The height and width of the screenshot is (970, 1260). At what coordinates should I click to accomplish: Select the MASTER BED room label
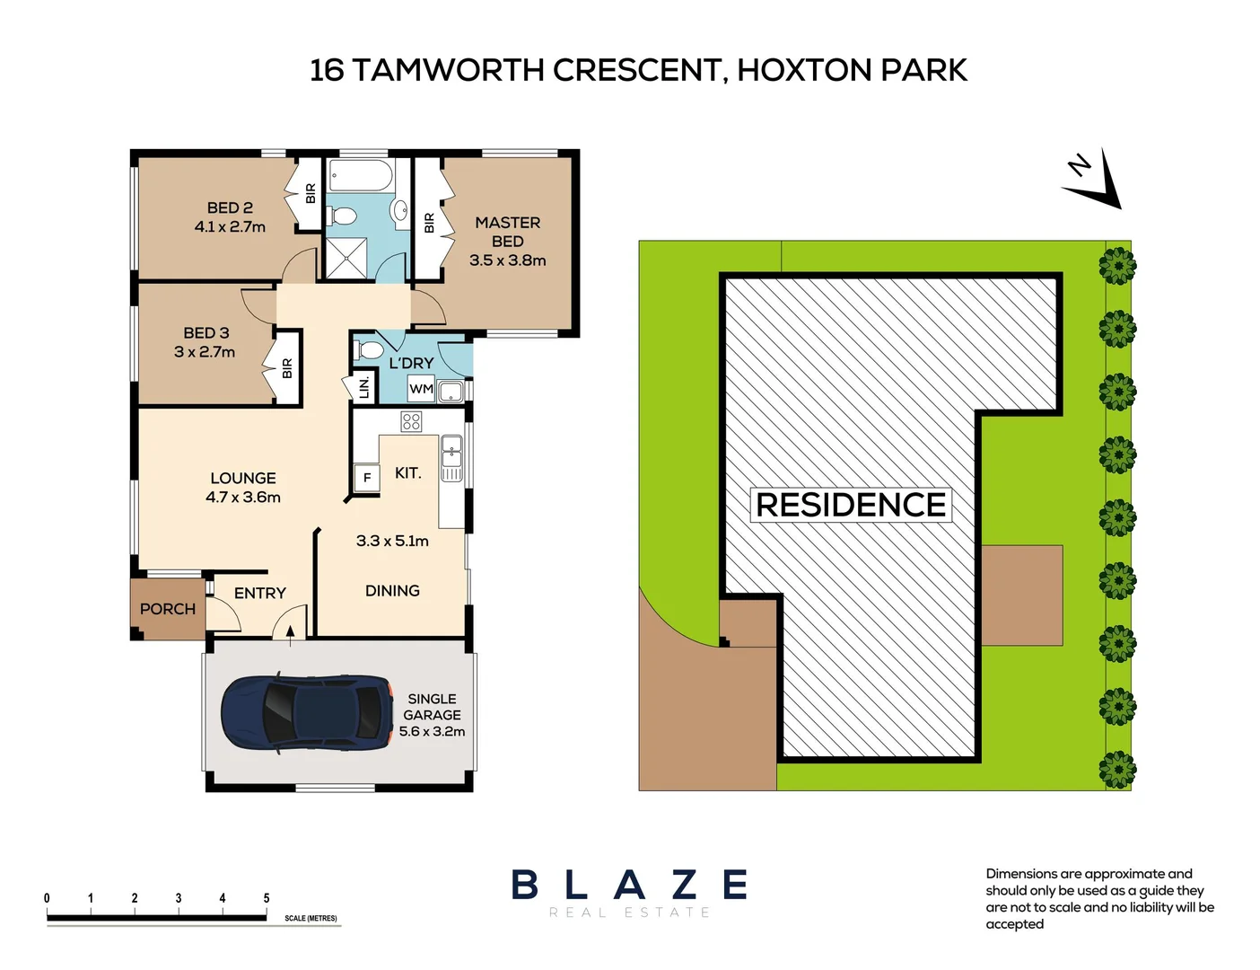click(507, 232)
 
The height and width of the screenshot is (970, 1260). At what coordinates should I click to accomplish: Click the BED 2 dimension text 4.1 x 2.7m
click(230, 227)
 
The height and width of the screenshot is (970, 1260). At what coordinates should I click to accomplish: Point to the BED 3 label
click(206, 333)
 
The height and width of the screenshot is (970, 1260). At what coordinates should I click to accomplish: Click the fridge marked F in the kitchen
click(366, 478)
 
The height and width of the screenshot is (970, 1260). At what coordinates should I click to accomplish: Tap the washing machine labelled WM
click(421, 389)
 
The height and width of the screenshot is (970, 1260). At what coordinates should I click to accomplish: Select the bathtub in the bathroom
click(359, 175)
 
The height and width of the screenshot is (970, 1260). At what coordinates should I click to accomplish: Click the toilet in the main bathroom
click(342, 216)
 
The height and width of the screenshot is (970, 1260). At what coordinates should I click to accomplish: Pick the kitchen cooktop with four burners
click(411, 421)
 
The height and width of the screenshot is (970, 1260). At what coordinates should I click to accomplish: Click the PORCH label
click(167, 609)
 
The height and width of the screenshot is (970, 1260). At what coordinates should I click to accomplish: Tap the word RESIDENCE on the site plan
click(850, 505)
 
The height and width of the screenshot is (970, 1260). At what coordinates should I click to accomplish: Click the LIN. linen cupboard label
click(363, 387)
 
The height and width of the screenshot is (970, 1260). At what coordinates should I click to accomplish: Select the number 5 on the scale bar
click(267, 898)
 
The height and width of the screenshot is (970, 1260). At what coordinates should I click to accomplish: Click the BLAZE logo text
click(629, 885)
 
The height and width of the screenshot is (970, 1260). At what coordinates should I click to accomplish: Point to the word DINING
click(392, 591)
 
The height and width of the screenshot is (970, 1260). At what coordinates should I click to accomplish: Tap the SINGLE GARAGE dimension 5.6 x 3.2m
click(432, 732)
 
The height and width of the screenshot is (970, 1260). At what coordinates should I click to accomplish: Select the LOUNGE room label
click(243, 479)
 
